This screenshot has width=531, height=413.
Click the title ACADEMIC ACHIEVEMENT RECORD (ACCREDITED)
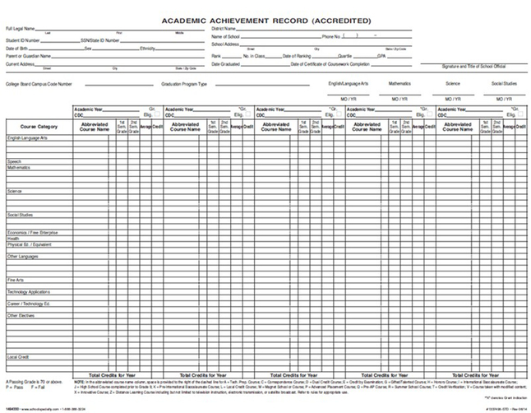265,20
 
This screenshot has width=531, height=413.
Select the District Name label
225,29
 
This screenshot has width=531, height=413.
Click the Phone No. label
331,37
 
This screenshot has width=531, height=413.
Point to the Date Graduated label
226,63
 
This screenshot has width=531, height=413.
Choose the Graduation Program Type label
184,84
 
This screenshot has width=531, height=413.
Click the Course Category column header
37,127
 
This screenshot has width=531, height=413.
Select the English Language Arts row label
27,138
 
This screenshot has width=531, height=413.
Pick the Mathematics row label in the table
19,167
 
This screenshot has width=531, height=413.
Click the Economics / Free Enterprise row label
32,233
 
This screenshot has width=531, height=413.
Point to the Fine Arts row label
16,279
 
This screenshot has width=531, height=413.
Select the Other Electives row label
21,315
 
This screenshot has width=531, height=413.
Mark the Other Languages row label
23,256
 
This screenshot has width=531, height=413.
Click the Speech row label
13,161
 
